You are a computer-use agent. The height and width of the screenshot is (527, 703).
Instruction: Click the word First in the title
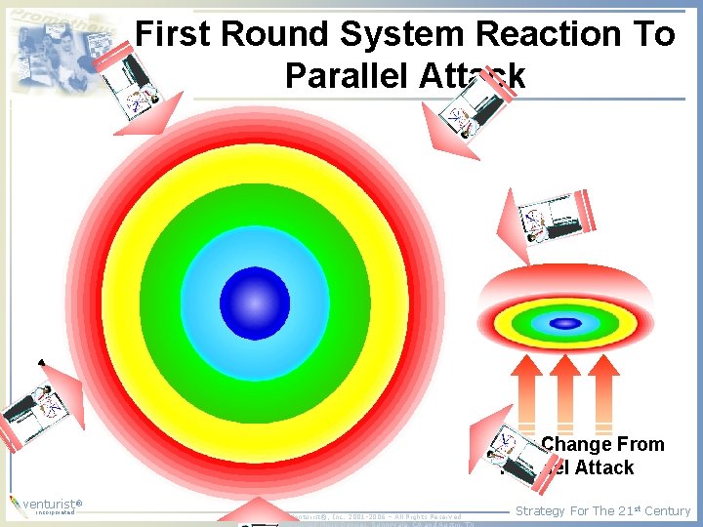click(173, 35)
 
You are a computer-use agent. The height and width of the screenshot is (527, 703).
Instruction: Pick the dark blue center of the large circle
click(254, 303)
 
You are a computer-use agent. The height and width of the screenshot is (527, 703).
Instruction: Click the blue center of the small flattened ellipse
click(564, 323)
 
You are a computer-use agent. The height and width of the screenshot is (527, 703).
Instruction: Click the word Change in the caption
click(576, 445)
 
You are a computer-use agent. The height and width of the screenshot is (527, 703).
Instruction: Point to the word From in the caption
click(641, 445)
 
